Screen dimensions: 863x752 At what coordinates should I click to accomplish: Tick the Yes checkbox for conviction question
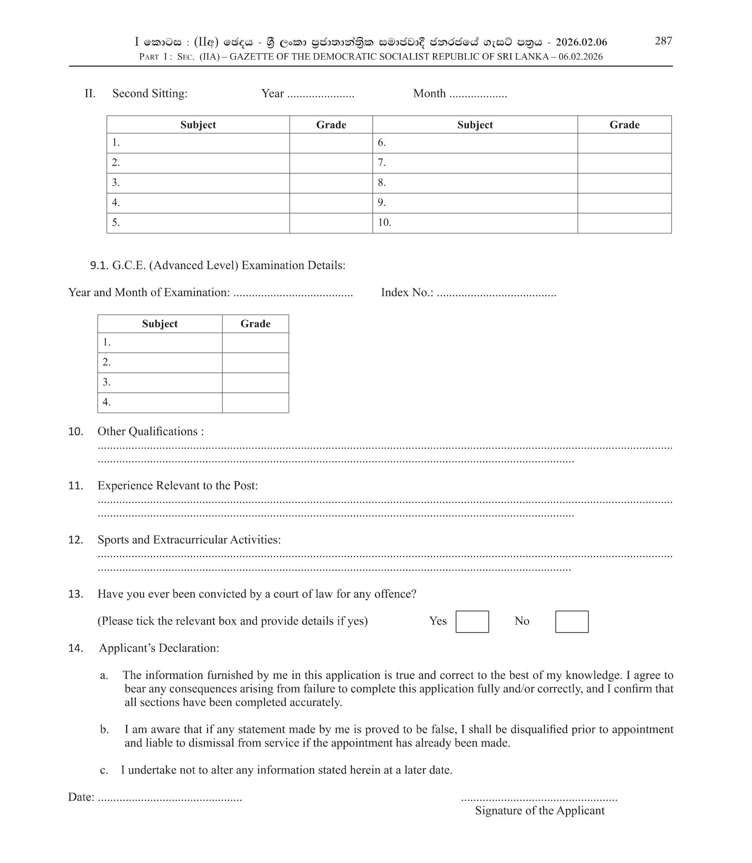(x=472, y=621)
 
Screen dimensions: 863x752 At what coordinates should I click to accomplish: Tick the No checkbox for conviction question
(x=572, y=621)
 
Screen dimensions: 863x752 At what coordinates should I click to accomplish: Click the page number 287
(x=663, y=41)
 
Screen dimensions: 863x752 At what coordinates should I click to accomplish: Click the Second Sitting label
(x=150, y=93)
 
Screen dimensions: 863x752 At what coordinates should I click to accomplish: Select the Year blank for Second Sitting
(x=321, y=95)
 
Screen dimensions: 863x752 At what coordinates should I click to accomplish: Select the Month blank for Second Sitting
(x=478, y=95)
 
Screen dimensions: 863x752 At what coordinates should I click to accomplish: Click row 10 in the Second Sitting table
(x=475, y=223)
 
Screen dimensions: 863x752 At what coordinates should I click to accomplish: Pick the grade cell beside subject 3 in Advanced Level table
(x=255, y=382)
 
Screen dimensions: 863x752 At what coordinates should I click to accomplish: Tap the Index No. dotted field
(x=496, y=293)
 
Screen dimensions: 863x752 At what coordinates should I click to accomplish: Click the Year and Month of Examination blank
(x=293, y=293)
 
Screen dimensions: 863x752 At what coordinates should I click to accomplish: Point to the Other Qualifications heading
(x=150, y=431)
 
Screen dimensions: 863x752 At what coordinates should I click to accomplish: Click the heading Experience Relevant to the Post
(x=177, y=485)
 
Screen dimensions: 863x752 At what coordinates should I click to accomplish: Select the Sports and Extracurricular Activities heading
(x=189, y=539)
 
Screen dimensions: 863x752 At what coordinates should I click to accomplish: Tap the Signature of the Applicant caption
(x=539, y=810)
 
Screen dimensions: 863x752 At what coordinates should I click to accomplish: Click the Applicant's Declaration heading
(x=159, y=648)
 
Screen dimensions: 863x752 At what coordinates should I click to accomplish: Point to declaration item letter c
(x=104, y=770)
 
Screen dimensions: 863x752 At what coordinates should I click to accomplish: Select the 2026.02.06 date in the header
(x=581, y=42)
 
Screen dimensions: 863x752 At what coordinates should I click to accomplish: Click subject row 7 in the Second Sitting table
(x=475, y=163)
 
